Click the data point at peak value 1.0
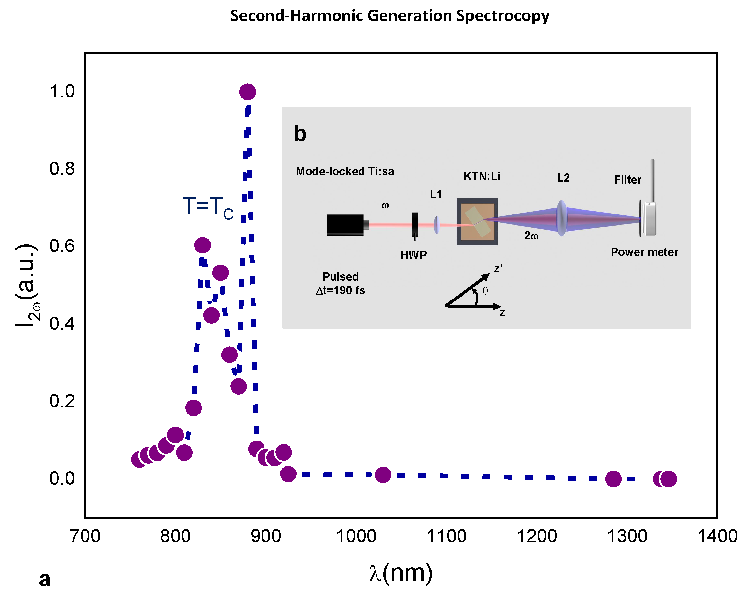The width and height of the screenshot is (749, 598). coord(247,92)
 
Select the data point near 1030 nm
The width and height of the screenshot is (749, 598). coord(383,474)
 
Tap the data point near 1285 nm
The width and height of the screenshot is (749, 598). coord(613,479)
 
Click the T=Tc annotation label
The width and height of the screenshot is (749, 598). coord(208,207)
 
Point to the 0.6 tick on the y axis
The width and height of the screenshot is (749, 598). coord(62,246)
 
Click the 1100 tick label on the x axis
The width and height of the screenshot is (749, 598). coord(446,536)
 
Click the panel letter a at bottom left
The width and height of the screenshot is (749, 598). coord(44,579)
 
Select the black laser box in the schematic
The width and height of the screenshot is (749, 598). coord(345,225)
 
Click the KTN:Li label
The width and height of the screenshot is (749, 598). coord(482,176)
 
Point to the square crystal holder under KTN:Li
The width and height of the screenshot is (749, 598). coord(477,222)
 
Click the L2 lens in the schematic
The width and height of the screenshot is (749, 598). coord(562,218)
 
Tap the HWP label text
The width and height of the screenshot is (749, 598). coord(413,255)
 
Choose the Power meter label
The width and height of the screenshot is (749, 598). coord(644,252)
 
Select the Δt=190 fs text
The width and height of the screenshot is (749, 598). coord(340,290)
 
